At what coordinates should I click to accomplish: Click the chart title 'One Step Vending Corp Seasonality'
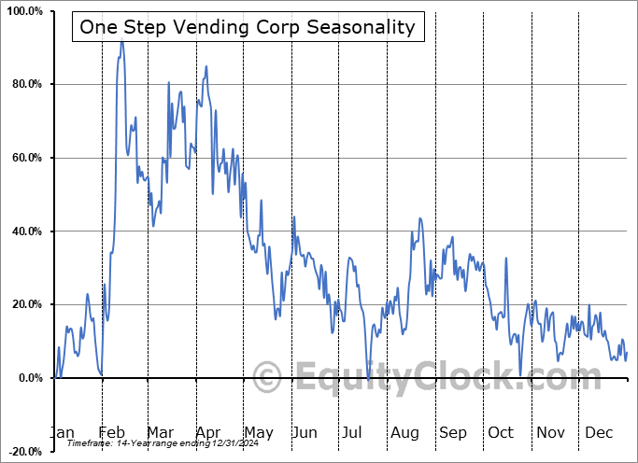248,27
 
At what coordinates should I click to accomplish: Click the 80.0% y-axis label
25,85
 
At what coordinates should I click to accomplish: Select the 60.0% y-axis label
25,158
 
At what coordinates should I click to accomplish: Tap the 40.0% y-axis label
25,231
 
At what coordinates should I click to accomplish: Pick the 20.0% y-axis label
25,304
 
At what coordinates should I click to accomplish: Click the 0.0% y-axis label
28,378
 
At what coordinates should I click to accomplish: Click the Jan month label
62,432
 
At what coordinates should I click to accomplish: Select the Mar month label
160,432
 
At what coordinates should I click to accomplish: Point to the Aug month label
404,432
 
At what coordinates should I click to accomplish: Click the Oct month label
502,432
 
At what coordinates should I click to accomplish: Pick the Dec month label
599,432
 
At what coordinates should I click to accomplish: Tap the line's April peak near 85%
206,66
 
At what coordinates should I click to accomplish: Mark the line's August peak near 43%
420,218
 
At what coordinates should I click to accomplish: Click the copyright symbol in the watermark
268,378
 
